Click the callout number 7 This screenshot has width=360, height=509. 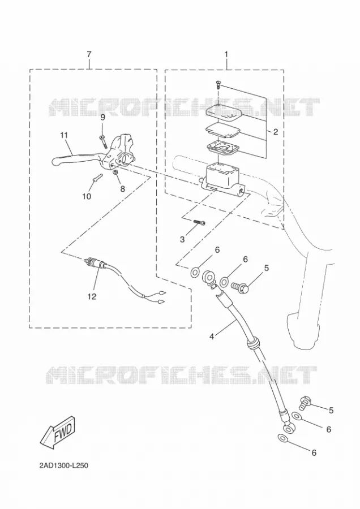89,54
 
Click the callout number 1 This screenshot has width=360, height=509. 226,54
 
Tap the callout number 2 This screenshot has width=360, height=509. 276,132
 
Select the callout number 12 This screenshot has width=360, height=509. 92,296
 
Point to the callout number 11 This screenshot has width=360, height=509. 64,135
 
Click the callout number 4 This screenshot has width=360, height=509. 212,337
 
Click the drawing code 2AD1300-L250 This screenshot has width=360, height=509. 64,466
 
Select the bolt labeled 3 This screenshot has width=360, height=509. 199,222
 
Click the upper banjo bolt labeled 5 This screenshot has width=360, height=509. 240,287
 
